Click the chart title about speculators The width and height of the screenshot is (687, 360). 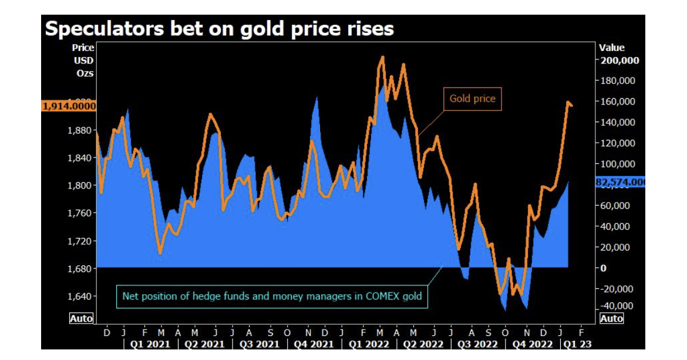click(219, 29)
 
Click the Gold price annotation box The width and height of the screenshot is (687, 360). click(472, 99)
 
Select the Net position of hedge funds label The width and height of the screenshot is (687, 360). click(272, 296)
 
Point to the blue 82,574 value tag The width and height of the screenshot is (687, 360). click(620, 183)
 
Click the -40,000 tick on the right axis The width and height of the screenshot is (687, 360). click(617, 306)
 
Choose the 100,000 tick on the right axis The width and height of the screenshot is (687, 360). click(619, 164)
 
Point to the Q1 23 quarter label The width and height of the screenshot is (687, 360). click(577, 344)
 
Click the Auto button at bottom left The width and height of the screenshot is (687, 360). click(81, 318)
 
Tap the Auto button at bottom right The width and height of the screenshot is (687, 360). click(611, 318)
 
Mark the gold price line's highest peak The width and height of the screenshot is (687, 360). click(383, 58)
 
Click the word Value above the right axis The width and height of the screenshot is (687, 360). click(612, 48)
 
